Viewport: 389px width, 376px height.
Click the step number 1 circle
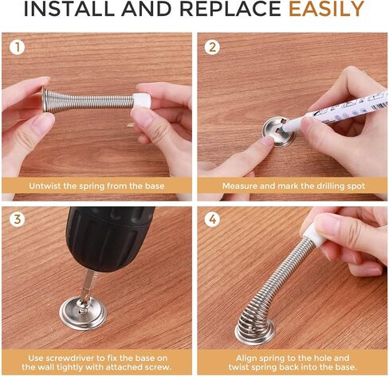point(17,47)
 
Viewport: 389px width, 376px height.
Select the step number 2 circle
point(212,47)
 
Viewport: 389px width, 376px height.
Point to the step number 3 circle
point(17,219)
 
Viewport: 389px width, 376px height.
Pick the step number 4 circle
point(212,219)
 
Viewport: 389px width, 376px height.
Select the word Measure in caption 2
point(242,186)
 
